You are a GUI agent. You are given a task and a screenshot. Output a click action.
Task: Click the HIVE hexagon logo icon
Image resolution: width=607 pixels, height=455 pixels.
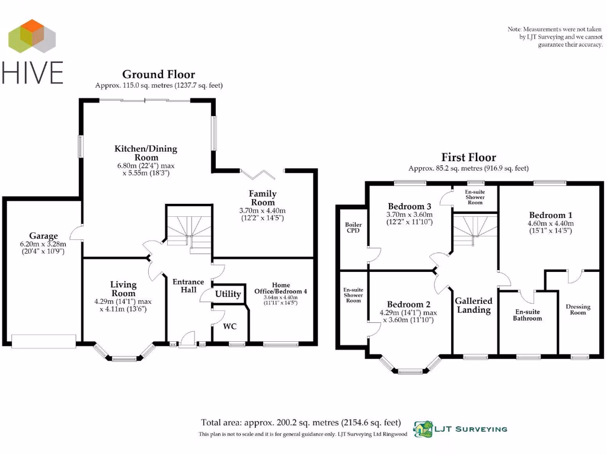(x=33, y=37)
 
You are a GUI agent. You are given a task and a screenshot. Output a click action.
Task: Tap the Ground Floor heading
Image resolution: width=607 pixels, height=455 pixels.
(x=158, y=74)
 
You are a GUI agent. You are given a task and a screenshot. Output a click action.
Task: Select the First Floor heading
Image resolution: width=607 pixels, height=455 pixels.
(x=468, y=157)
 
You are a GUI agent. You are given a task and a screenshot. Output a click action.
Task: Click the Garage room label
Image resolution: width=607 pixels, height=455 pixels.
(x=44, y=236)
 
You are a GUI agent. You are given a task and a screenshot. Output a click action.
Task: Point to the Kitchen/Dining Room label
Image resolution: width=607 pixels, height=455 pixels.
(x=145, y=153)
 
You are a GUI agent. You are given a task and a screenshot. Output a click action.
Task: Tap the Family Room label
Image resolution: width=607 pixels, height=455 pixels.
(x=263, y=198)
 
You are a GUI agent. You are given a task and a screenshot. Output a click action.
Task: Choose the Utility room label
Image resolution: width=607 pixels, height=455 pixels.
(x=228, y=294)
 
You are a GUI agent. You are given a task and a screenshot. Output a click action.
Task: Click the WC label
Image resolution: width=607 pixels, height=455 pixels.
(x=230, y=326)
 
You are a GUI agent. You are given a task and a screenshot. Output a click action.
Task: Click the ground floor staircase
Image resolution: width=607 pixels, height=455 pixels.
(x=189, y=228)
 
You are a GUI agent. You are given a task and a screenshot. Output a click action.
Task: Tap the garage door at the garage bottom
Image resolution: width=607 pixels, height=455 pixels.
(x=44, y=340)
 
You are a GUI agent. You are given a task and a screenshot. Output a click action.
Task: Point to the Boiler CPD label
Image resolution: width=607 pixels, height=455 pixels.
(x=353, y=228)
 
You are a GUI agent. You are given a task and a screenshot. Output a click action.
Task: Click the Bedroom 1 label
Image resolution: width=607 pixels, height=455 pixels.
(x=550, y=215)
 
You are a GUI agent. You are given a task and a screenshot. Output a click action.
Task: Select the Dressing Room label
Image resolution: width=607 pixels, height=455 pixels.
(x=578, y=310)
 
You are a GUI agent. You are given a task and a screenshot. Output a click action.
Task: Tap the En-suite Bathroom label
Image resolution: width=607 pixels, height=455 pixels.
(x=527, y=315)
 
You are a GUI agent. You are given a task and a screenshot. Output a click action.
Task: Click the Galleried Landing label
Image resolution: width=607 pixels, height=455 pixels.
(x=474, y=305)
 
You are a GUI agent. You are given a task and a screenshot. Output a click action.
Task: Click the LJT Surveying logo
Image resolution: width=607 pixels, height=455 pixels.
(x=460, y=428)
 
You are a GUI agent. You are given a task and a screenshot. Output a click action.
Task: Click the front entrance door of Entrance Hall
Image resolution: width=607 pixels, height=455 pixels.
(x=187, y=339)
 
